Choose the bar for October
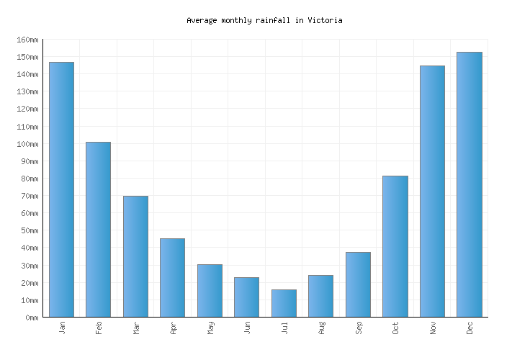point(395,246)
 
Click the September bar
point(358,284)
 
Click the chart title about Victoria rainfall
point(264,20)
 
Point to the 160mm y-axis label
point(26,40)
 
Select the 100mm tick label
point(26,144)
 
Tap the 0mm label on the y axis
point(30,318)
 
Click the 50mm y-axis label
point(28,230)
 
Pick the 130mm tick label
point(26,91)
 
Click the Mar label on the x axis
point(136,328)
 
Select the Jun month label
point(247,328)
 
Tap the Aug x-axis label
point(321,328)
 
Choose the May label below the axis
point(210,328)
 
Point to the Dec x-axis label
point(470,328)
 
